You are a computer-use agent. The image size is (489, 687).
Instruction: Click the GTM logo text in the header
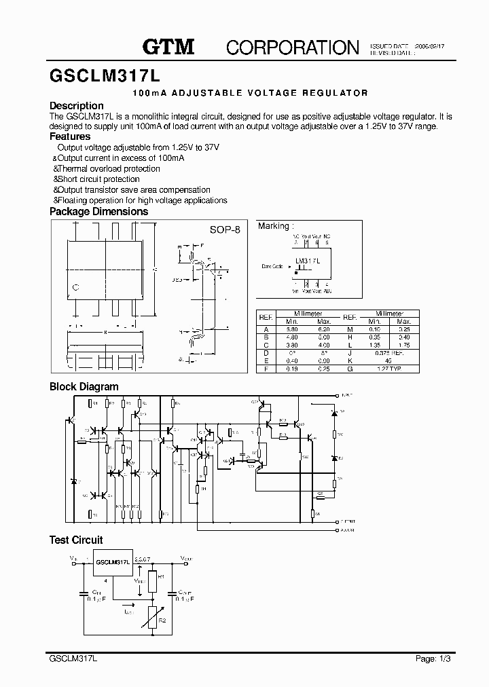[x=168, y=46]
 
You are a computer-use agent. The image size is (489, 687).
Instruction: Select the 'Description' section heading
[x=77, y=106]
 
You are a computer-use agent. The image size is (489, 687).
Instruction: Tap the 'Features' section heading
[x=70, y=136]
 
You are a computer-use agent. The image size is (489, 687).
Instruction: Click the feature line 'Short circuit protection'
[x=98, y=179]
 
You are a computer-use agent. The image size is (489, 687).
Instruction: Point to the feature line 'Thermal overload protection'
[x=109, y=168]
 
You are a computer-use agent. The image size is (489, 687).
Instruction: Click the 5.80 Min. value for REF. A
[x=291, y=329]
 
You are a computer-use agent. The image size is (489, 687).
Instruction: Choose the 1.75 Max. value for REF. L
[x=404, y=345]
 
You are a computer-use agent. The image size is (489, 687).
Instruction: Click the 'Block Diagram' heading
[x=84, y=387]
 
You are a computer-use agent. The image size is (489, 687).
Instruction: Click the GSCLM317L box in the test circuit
[x=113, y=563]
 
